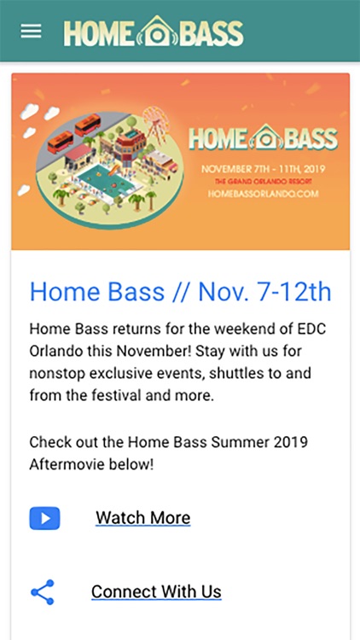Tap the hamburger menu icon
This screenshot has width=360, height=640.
(x=31, y=32)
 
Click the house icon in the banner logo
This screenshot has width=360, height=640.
(x=265, y=137)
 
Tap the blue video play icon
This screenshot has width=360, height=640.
(x=44, y=518)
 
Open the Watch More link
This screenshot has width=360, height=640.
(x=142, y=518)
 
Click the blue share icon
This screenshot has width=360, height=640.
(x=43, y=592)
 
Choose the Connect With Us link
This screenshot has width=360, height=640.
(x=156, y=591)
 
